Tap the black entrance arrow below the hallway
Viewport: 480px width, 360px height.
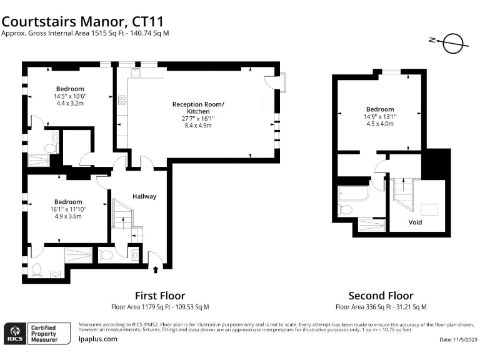156,270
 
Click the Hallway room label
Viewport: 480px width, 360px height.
144,196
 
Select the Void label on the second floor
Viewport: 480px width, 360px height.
415,222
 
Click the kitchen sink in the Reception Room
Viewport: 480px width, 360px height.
136,74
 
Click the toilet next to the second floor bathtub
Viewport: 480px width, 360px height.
345,209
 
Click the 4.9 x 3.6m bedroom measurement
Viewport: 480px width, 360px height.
67,216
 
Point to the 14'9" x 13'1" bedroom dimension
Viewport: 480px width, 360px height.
380,116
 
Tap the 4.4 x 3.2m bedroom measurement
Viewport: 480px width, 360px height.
70,104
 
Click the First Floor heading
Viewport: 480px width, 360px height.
160,295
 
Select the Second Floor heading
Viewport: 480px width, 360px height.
381,295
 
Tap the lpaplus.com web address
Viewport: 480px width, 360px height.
98,339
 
